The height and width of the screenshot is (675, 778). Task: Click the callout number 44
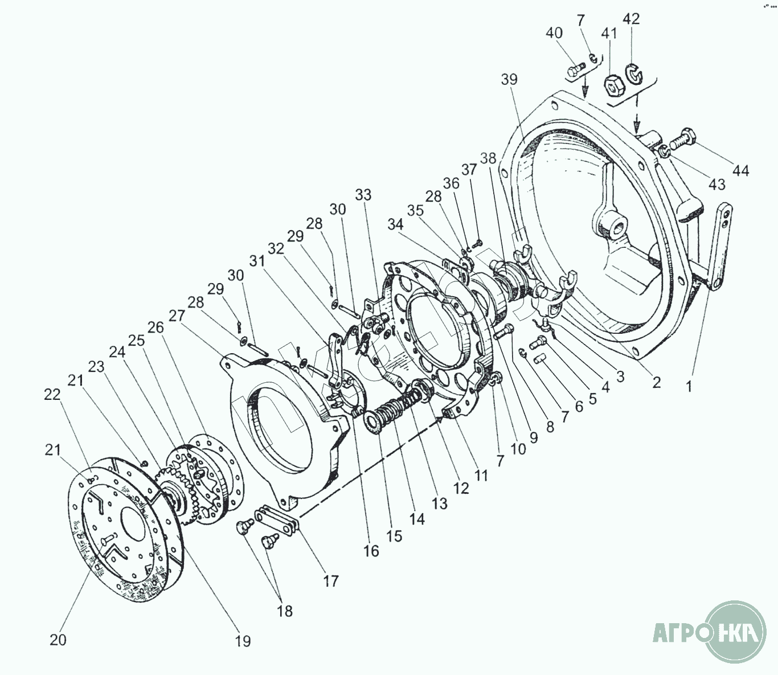pyautogui.click(x=741, y=170)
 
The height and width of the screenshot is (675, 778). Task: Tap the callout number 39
pyautogui.click(x=509, y=79)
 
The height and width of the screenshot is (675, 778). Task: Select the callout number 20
pyautogui.click(x=58, y=640)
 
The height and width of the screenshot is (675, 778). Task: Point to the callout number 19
pyautogui.click(x=243, y=641)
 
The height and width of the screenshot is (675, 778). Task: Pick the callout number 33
pyautogui.click(x=363, y=195)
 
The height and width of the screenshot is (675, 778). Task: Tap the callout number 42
pyautogui.click(x=631, y=19)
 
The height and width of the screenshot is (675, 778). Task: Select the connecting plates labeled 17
pyautogui.click(x=276, y=520)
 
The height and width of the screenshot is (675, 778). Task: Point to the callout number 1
pyautogui.click(x=689, y=387)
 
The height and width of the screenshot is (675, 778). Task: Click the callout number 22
pyautogui.click(x=52, y=395)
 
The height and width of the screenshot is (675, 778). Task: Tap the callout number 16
pyautogui.click(x=371, y=551)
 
